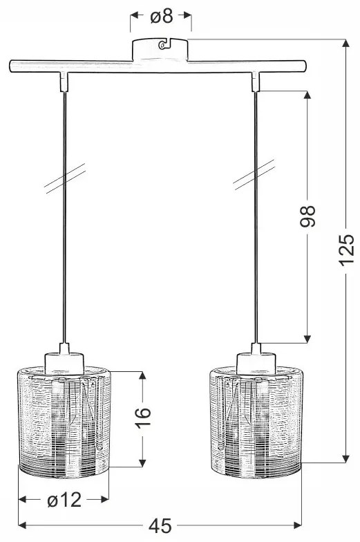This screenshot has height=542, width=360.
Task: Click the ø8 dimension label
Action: pos(162,16)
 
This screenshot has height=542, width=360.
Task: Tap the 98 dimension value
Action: pos(307,216)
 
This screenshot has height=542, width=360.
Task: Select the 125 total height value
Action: pos(346,250)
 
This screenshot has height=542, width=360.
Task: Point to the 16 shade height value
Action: pos(143,418)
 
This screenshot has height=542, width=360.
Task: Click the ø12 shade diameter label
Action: pos(64,500)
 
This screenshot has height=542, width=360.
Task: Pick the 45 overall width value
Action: pos(160,526)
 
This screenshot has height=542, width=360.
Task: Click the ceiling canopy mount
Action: pos(160,50)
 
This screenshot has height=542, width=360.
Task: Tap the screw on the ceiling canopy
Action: pos(161,44)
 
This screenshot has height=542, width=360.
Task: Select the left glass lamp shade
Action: pos(64,422)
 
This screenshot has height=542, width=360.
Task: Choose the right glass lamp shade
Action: pos(256,422)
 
